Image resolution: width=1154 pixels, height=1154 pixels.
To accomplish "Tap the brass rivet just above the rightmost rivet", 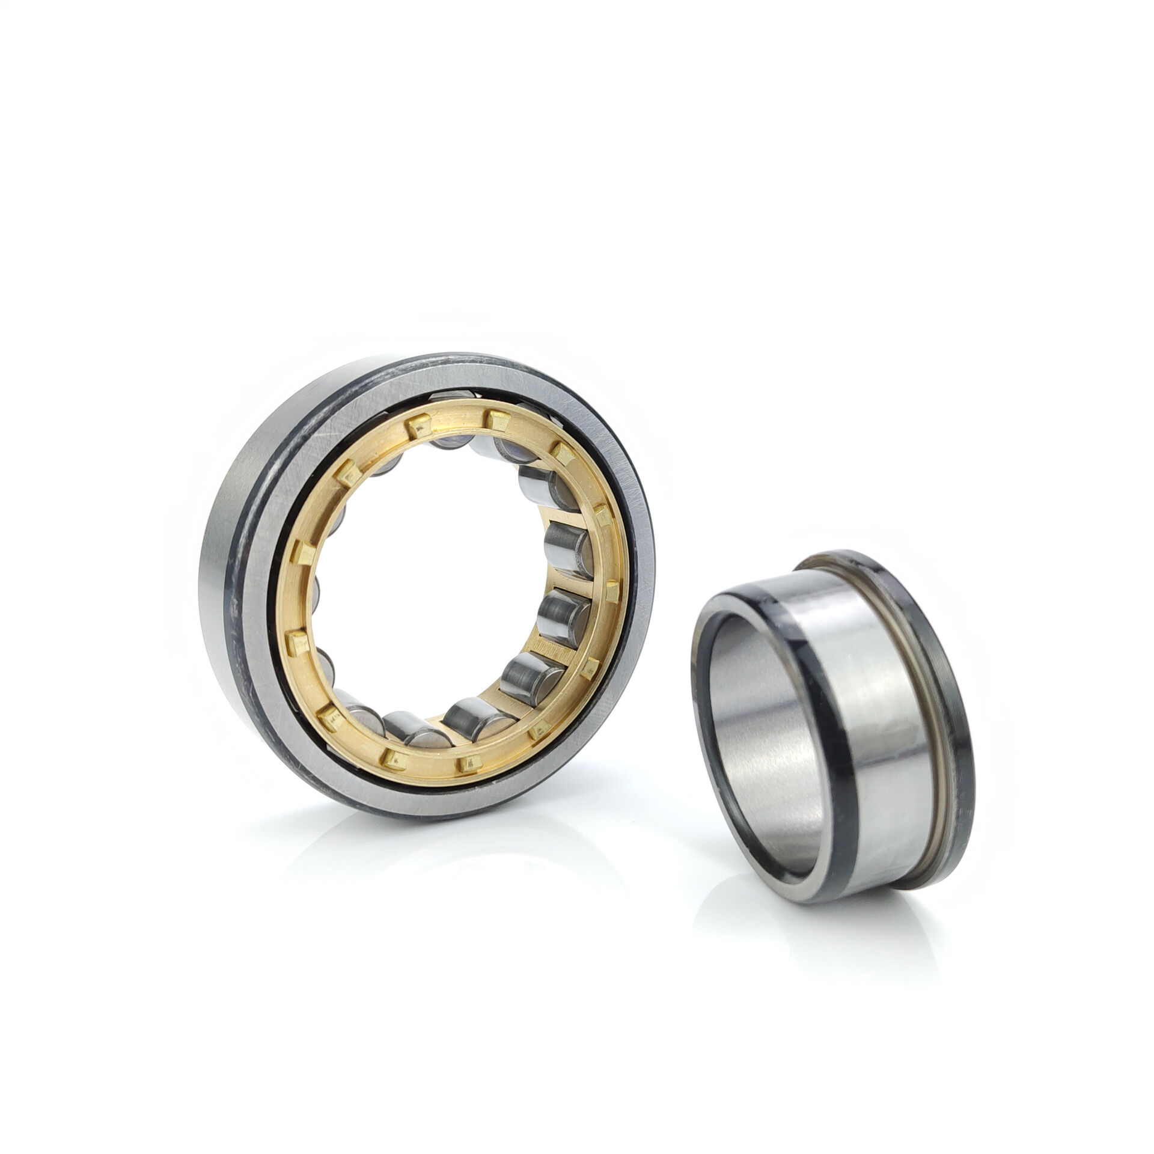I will pos(601,512).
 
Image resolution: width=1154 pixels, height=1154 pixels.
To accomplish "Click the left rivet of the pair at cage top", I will pos(413,427).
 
